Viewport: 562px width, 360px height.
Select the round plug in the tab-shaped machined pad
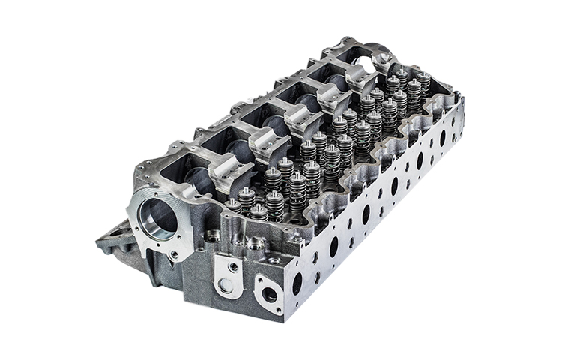click(225, 285)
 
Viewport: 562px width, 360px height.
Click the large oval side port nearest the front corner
click(297, 283)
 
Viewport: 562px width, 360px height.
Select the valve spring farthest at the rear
click(424, 82)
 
